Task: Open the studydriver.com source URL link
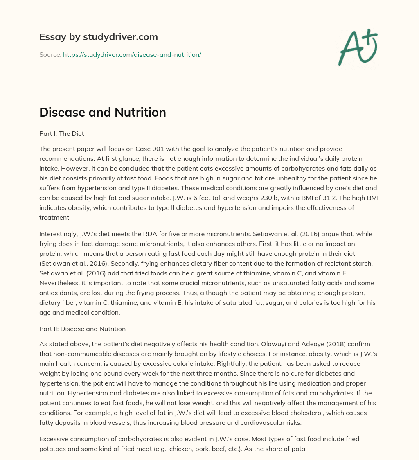[x=132, y=54]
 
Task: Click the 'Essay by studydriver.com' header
[x=98, y=37]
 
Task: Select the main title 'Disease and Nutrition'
[x=103, y=112]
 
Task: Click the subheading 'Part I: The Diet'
[x=61, y=133]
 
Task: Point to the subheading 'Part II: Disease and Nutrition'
[x=82, y=329]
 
